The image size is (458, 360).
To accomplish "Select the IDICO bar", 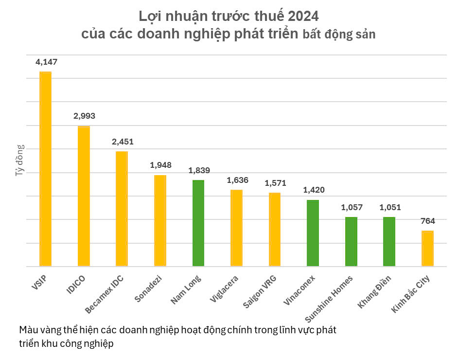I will pyautogui.click(x=84, y=196).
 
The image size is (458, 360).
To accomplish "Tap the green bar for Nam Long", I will pyautogui.click(x=198, y=223).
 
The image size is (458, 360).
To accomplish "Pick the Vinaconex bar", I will pyautogui.click(x=313, y=233).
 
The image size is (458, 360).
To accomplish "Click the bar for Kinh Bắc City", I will pyautogui.click(x=427, y=249).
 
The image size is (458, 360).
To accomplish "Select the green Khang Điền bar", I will pyautogui.click(x=389, y=242).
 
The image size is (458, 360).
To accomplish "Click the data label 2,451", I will pyautogui.click(x=122, y=142).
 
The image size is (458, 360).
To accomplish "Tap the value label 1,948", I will pyautogui.click(x=160, y=165).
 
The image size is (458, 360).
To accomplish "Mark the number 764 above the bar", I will pyautogui.click(x=427, y=221).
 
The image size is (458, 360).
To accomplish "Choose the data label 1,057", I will pyautogui.click(x=351, y=207).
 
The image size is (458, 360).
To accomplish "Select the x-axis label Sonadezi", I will pyautogui.click(x=149, y=289).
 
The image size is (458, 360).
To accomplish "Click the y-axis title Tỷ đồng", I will pyautogui.click(x=19, y=160).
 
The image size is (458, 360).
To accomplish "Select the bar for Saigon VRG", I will pyautogui.click(x=275, y=230).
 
